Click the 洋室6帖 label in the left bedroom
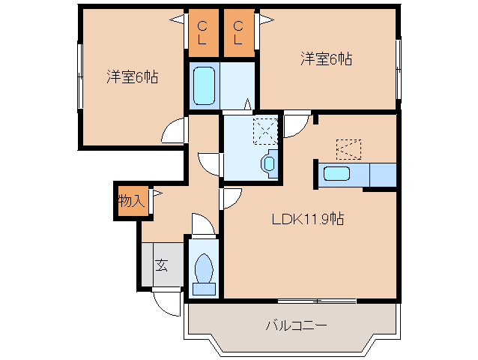pos(131,76)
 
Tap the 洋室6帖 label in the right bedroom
pos(326,58)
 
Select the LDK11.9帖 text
pos(307,220)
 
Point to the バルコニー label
pos(295,326)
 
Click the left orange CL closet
pos(202,34)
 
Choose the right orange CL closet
pos(238,34)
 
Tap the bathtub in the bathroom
pos(203,87)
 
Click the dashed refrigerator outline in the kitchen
pos(349,148)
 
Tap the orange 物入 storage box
pos(130,201)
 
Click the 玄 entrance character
pos(161,265)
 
